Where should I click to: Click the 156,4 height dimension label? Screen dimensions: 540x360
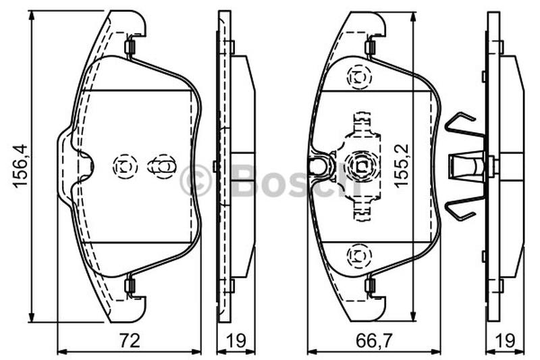pos(20,166)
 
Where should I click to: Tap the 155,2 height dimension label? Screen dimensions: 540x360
pos(402,166)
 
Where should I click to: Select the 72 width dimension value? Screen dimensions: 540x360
pos(130,340)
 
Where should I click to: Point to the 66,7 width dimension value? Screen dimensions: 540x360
pos(374,340)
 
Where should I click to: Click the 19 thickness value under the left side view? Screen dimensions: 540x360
pos(236,340)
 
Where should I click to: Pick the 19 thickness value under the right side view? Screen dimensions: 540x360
pos(505,340)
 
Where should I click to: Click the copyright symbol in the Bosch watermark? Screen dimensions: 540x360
pos(195,180)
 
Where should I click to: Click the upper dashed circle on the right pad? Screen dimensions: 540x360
pos(359,77)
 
